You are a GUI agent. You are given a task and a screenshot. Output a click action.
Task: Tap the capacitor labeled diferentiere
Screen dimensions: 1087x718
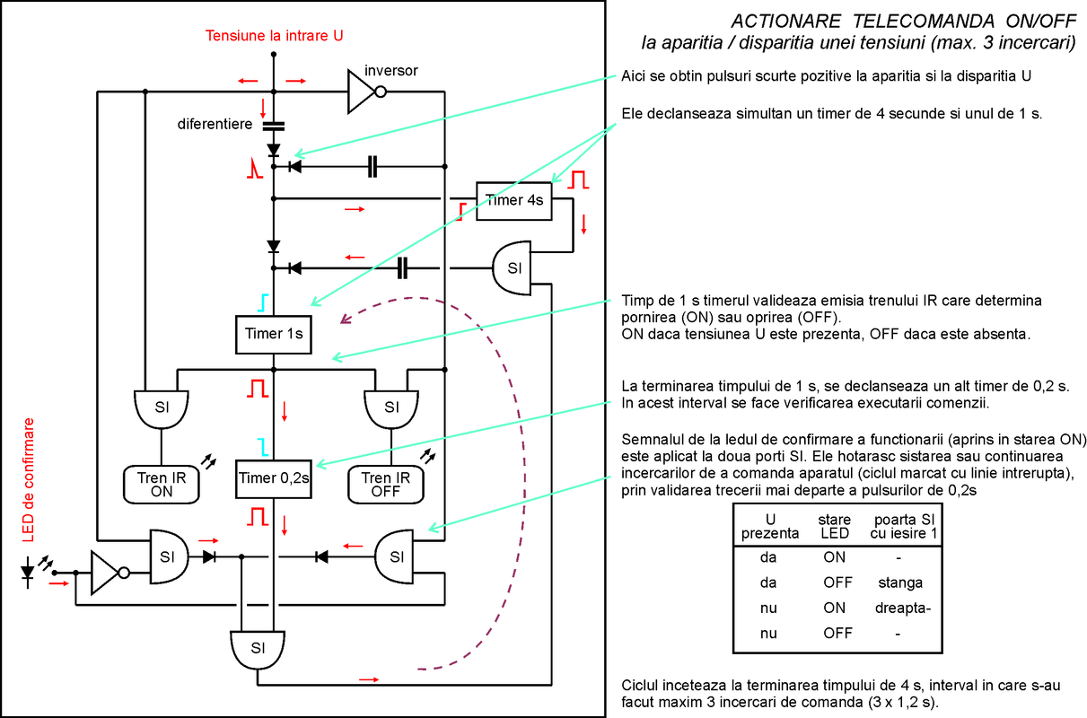[x=274, y=127]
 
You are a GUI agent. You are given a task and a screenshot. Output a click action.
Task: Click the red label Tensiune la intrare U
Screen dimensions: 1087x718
[x=274, y=36]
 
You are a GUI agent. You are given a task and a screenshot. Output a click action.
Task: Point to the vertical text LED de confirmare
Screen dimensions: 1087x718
[x=28, y=480]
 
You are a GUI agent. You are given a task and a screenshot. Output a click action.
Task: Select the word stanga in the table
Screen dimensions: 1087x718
[x=900, y=582]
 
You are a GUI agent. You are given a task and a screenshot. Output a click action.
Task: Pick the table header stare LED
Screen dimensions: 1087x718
[x=834, y=526]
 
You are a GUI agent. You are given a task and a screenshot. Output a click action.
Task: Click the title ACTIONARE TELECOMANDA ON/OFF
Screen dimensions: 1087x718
[x=903, y=22]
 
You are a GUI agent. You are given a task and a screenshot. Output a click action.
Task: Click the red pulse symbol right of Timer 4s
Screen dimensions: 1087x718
[x=578, y=179]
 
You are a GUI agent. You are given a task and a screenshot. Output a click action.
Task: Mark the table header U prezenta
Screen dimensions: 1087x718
[x=769, y=526]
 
